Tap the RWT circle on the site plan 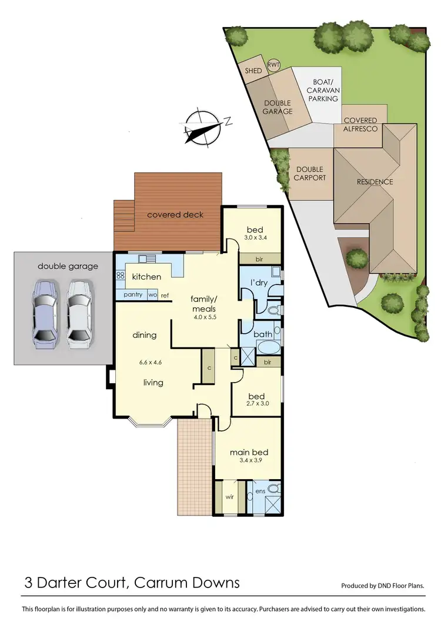pos(274,65)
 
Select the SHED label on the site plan pos(253,71)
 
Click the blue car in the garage pos(46,311)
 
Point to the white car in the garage pos(80,311)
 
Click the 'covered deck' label pos(175,215)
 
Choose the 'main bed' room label pos(249,452)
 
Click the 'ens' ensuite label pos(260,490)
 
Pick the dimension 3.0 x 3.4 pos(254,238)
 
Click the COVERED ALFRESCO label pos(360,124)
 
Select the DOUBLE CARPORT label pos(310,174)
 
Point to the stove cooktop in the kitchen pos(121,276)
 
